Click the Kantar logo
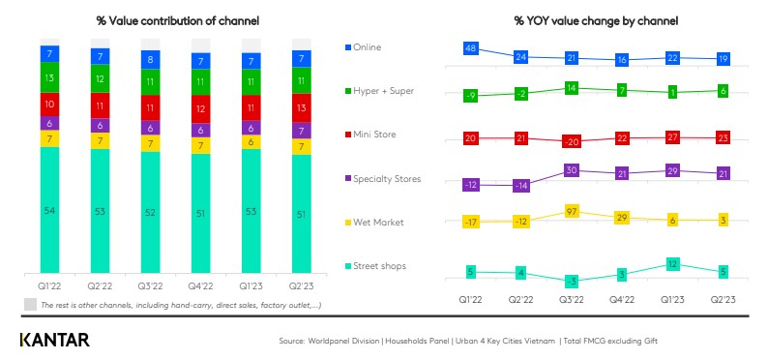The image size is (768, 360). (54, 340)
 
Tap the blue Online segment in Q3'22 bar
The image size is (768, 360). (149, 59)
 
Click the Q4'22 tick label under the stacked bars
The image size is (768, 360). (199, 286)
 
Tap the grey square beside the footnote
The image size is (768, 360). (30, 304)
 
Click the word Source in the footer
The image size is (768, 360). (294, 341)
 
